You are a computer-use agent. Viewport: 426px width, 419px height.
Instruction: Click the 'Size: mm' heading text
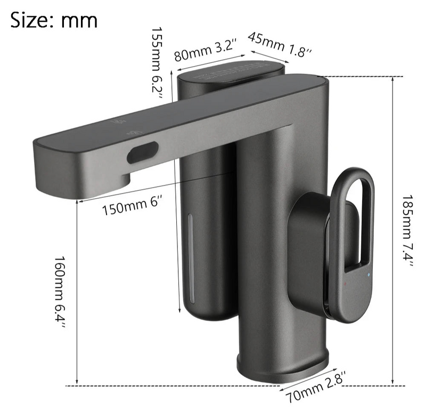click(x=54, y=20)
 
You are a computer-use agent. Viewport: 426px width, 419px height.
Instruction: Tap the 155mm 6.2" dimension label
click(x=157, y=63)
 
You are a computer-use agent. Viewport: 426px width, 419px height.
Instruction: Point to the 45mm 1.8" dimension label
click(x=280, y=44)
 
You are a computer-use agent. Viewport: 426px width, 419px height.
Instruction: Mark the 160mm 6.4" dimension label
click(x=60, y=292)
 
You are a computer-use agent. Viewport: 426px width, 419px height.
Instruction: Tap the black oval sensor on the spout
click(x=142, y=152)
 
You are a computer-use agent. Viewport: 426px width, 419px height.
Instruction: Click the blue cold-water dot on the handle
click(x=368, y=275)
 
